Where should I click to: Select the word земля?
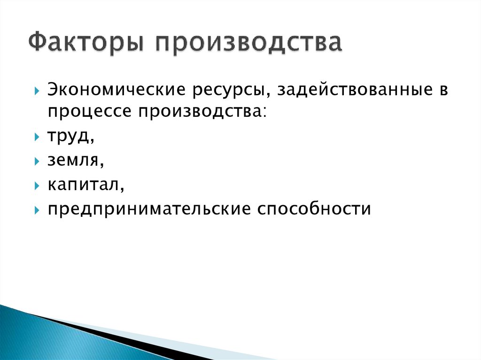pos(72,161)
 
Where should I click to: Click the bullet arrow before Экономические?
pos(37,91)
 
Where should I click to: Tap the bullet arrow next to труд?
pos(37,138)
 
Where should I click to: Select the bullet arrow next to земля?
pos(37,161)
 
